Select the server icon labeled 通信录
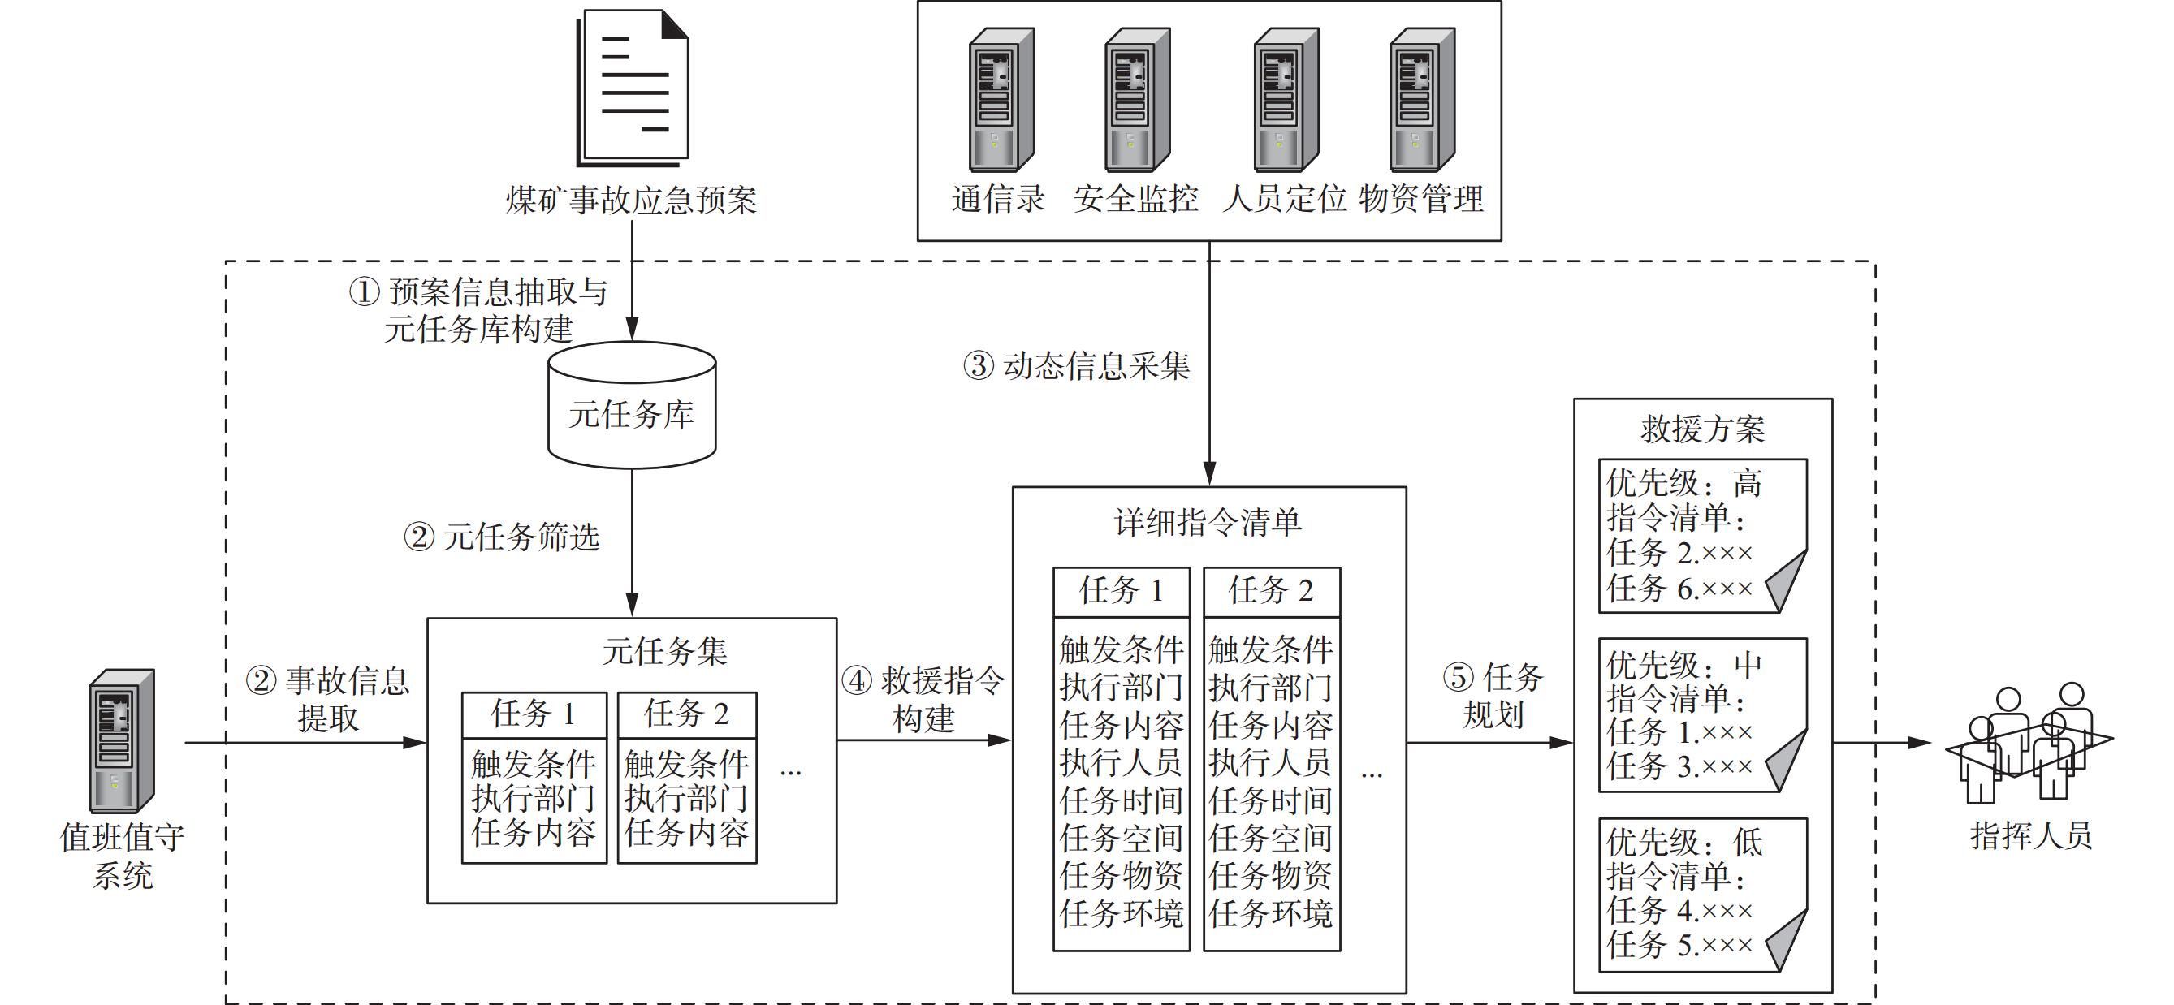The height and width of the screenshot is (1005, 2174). pyautogui.click(x=1001, y=100)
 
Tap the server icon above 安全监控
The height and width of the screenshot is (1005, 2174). pyautogui.click(x=1137, y=100)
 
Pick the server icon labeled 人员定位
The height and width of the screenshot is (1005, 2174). pyautogui.click(x=1286, y=100)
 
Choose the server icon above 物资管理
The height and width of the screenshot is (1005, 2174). pyautogui.click(x=1422, y=100)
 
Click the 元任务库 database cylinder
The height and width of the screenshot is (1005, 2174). pyautogui.click(x=632, y=406)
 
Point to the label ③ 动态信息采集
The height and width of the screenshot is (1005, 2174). pyautogui.click(x=1077, y=366)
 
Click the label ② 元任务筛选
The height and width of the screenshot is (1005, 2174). pyautogui.click(x=501, y=537)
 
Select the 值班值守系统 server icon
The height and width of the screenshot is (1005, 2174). pyautogui.click(x=122, y=741)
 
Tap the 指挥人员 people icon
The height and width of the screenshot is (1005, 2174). pyautogui.click(x=2029, y=744)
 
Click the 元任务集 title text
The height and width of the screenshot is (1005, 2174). pyautogui.click(x=664, y=651)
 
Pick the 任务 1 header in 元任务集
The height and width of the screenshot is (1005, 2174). pyautogui.click(x=534, y=714)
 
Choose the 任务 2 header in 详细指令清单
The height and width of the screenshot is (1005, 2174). pyautogui.click(x=1271, y=591)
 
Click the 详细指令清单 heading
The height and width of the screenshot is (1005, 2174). pyautogui.click(x=1208, y=523)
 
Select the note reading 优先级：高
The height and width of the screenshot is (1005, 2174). pyautogui.click(x=1702, y=535)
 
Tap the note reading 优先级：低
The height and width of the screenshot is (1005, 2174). pyautogui.click(x=1702, y=894)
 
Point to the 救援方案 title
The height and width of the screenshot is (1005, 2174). pyautogui.click(x=1702, y=429)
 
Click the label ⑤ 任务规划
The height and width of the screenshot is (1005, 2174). pyautogui.click(x=1493, y=696)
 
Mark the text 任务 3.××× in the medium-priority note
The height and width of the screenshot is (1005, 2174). pyautogui.click(x=1679, y=767)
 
